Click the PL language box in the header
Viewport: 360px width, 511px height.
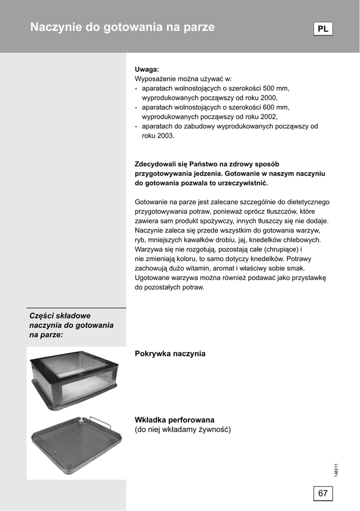pos(323,29)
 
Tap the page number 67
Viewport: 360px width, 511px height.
pos(323,494)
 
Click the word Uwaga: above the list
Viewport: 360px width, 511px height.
pos(147,69)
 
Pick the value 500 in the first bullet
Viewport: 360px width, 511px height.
pos(256,88)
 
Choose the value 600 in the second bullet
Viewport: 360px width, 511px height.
pos(256,107)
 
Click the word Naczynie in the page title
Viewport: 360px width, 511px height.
pos(55,27)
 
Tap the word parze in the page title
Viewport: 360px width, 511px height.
pos(199,27)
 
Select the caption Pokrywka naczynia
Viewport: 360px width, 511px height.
pos(170,353)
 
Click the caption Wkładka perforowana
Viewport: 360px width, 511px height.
pos(175,420)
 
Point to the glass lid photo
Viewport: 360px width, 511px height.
pos(75,379)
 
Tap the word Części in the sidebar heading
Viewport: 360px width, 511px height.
pos(42,316)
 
